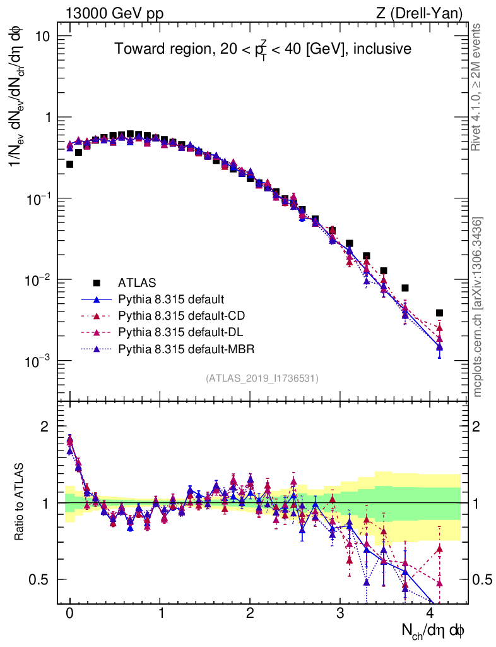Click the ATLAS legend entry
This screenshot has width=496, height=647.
(136, 282)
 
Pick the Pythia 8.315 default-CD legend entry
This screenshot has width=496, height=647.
(179, 315)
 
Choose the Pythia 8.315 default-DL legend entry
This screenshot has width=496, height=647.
(179, 332)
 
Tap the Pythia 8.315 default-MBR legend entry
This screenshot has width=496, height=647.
(183, 348)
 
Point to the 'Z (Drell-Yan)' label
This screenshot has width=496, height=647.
(427, 13)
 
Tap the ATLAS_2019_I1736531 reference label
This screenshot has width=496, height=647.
(262, 378)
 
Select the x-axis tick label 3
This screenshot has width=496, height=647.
(340, 614)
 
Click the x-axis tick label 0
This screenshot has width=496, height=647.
(69, 614)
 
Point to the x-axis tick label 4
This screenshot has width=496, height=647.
(430, 614)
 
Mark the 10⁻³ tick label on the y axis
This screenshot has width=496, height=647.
(39, 361)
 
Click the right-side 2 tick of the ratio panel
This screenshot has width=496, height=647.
(479, 426)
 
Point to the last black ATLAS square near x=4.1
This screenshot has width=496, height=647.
(439, 313)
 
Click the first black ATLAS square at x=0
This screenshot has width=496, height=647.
(69, 164)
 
